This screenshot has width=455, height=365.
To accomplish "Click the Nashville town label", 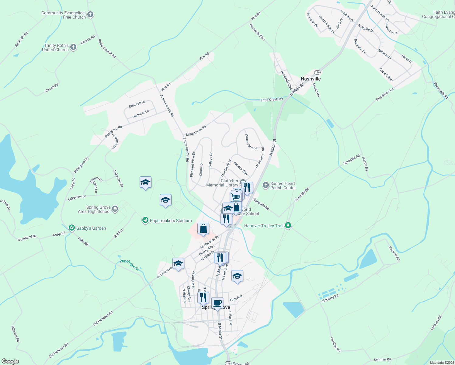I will coord(311,79).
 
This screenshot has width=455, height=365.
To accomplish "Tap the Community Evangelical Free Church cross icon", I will coord(90,15).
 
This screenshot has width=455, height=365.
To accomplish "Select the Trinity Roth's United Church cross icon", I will coord(73,47).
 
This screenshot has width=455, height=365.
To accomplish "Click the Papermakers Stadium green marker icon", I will coord(145,221).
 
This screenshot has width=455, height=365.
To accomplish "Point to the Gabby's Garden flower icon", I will coord(72,228).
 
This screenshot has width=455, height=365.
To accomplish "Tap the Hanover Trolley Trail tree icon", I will coord(288,226).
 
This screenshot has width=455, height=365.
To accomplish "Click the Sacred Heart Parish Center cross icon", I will coord(266,185).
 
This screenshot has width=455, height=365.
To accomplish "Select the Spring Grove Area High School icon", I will coord(115,209).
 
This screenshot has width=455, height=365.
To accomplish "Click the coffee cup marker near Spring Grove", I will coord(217,303).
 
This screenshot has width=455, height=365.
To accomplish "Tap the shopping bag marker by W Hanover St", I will coord(203,228).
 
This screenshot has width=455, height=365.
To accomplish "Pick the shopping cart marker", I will coord(235,197).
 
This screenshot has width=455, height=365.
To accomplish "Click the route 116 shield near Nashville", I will coord(318,72).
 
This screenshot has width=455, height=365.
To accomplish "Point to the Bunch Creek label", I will coord(129,265).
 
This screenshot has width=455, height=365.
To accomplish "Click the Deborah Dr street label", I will coord(137,104).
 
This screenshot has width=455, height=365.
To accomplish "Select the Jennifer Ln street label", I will coord(141,114).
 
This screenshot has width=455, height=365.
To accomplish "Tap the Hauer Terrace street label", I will coord(251,142).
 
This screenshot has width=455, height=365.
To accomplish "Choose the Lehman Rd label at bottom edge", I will coord(382,359).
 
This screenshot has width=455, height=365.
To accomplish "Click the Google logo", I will coord(10,361).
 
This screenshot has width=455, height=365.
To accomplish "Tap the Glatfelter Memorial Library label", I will coord(223,183).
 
